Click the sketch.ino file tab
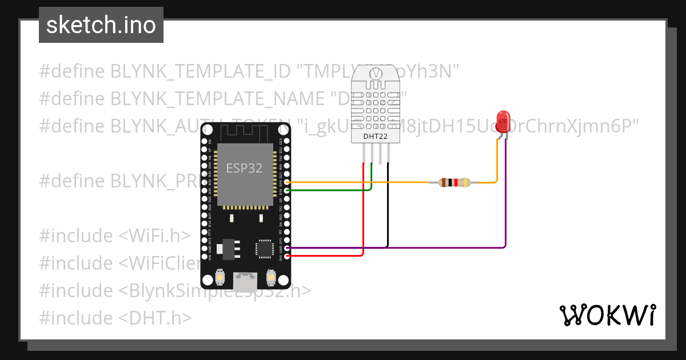pyautogui.click(x=101, y=25)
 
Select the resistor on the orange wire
pyautogui.click(x=454, y=183)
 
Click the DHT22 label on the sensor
pyautogui.click(x=375, y=137)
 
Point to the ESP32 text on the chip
pyautogui.click(x=245, y=169)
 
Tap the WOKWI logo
pyautogui.click(x=607, y=315)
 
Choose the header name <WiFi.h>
pyautogui.click(x=154, y=235)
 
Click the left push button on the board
pyautogui.click(x=220, y=278)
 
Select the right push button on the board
pyautogui.click(x=271, y=278)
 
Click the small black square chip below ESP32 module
pyautogui.click(x=264, y=248)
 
